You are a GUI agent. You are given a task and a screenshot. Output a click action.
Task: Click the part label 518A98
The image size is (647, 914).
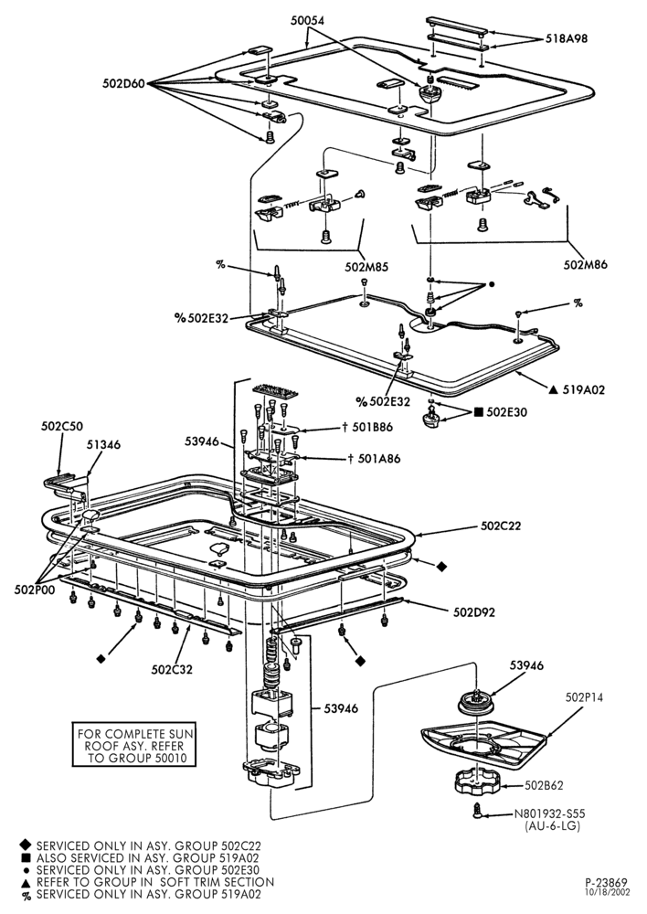[567, 39]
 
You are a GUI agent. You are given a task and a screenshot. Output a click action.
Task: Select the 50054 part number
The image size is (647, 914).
[308, 20]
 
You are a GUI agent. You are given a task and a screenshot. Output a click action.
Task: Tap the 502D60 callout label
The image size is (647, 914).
[123, 83]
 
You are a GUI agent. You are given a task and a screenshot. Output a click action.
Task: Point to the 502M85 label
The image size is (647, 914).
[366, 267]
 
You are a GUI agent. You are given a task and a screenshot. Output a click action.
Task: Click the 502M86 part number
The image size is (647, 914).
[585, 264]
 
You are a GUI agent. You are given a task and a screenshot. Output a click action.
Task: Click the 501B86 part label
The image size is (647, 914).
[376, 427]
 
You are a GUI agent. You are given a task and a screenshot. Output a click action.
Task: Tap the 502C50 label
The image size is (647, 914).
[62, 426]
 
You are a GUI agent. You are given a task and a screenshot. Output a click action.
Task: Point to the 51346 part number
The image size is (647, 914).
[104, 445]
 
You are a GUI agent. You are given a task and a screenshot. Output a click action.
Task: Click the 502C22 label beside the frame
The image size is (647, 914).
[501, 526]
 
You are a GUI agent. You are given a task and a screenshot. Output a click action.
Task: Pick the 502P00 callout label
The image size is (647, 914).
[35, 590]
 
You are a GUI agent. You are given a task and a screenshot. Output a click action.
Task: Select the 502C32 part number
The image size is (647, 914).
[172, 669]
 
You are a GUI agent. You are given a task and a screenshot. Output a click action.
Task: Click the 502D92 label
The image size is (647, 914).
[474, 611]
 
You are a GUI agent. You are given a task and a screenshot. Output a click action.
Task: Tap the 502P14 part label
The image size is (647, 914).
[584, 697]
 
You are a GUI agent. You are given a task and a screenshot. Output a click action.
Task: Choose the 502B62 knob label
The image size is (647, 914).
[544, 786]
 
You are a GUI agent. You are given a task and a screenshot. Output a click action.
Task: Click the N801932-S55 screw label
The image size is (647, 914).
[549, 813]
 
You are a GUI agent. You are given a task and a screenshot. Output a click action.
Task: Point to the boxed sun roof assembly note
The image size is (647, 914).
[133, 746]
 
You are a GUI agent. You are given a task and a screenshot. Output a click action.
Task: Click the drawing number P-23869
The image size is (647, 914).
[606, 883]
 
